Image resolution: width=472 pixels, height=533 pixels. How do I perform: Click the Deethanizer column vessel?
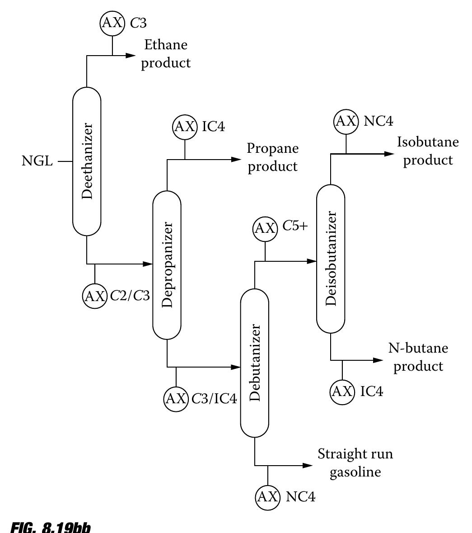tap(87, 161)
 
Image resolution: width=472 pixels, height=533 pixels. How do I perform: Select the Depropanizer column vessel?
tap(167, 264)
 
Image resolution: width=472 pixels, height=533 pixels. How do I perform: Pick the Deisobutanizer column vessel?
tap(331, 259)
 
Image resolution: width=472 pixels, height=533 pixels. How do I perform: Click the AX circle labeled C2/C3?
tap(94, 296)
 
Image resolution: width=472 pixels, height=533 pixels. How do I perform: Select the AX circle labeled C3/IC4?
tap(176, 399)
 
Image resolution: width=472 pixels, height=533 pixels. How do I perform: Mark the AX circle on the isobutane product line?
tap(346, 121)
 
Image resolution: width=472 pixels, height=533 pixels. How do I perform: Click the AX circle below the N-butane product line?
tap(342, 391)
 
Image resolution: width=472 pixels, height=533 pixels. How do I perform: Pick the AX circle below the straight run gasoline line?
tap(268, 497)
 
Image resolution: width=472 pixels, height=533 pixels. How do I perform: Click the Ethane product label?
tap(166, 54)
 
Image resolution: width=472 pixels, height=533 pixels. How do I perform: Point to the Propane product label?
tap(273, 157)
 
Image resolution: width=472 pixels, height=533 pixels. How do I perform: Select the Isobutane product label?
tap(428, 151)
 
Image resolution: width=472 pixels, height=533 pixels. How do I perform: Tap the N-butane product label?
tap(418, 357)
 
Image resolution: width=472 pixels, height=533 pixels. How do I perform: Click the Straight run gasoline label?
tap(355, 462)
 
